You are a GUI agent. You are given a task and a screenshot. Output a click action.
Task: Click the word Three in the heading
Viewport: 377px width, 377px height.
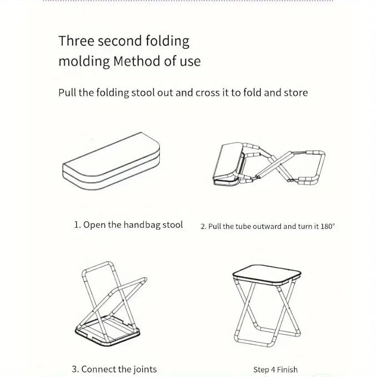76,41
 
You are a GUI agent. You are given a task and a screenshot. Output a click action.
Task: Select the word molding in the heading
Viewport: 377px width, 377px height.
84,62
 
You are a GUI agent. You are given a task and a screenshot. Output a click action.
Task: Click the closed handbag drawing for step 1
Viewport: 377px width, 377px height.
111,161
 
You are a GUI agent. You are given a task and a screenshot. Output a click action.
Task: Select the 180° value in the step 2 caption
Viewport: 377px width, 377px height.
328,226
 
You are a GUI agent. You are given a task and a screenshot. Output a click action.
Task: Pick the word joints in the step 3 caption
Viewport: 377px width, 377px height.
145,369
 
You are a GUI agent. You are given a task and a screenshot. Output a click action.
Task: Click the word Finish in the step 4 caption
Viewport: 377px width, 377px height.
287,370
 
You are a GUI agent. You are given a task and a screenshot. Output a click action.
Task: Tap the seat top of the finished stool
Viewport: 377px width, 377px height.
267,274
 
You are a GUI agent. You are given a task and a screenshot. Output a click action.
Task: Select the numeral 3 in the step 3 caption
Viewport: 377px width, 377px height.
74,369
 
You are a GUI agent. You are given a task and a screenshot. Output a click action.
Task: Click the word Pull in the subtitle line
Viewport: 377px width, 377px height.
67,93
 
